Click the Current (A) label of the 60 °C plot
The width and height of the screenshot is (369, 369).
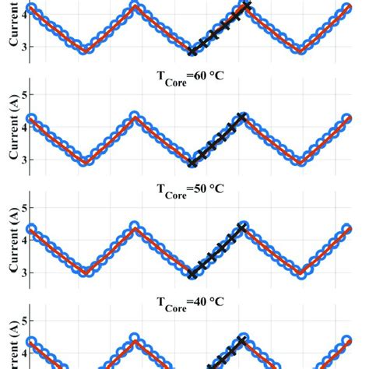point(13,128)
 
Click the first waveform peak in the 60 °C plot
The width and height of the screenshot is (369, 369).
point(135,117)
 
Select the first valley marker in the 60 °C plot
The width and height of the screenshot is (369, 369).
point(86,161)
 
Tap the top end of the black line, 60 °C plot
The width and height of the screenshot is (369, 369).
point(243,117)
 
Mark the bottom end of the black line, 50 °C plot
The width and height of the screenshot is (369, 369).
point(193,274)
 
